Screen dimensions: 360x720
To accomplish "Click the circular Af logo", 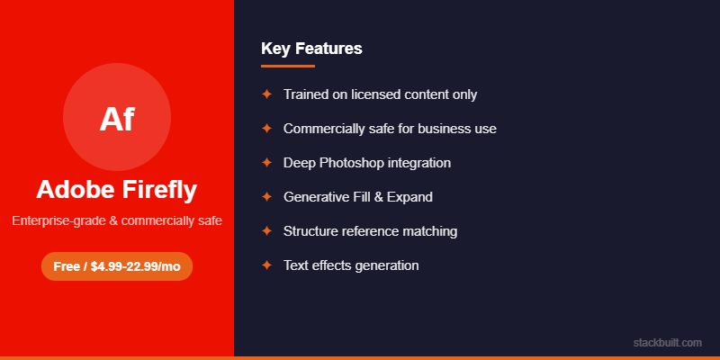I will [x=117, y=117].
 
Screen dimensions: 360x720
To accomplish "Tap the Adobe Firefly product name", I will [x=117, y=190].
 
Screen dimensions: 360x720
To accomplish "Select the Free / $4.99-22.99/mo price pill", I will [x=117, y=266].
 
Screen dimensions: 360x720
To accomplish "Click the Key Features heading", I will [x=311, y=49].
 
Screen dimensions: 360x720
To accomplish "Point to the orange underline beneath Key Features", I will [x=288, y=66].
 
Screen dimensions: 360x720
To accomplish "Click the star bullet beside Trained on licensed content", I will [x=266, y=94].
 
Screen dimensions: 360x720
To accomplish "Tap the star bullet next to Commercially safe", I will [x=266, y=129].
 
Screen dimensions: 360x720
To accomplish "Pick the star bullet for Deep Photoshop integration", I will [x=266, y=163].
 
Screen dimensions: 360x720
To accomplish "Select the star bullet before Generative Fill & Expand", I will [x=266, y=197].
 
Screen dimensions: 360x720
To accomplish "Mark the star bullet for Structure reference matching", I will [x=266, y=231].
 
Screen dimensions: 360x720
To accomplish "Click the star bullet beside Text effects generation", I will [x=266, y=265].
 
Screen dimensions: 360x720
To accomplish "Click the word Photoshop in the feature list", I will [x=352, y=163].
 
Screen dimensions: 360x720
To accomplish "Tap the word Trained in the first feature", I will [x=304, y=94].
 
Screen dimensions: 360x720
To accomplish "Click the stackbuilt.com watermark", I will [x=667, y=342].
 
